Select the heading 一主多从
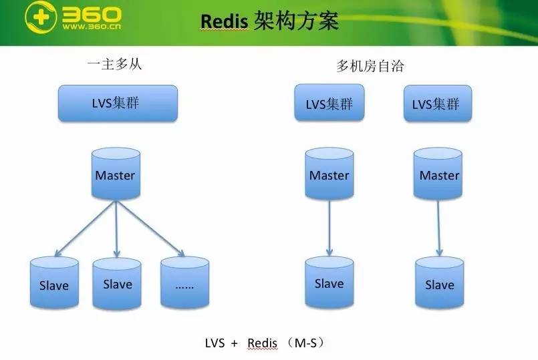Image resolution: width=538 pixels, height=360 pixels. (x=115, y=65)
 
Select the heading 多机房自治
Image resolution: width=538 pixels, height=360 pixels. (x=370, y=66)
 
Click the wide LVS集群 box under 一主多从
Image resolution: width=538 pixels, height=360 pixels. (x=118, y=103)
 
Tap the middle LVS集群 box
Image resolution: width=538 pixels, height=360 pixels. (x=329, y=104)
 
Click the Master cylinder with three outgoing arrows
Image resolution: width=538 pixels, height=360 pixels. (x=115, y=174)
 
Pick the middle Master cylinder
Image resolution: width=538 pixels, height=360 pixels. (x=329, y=174)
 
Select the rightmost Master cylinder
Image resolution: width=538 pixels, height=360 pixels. (x=439, y=174)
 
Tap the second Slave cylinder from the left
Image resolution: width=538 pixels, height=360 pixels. (x=117, y=283)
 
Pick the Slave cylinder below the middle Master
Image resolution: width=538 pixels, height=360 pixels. (x=329, y=283)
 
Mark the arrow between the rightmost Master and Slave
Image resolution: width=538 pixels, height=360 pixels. (x=438, y=227)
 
